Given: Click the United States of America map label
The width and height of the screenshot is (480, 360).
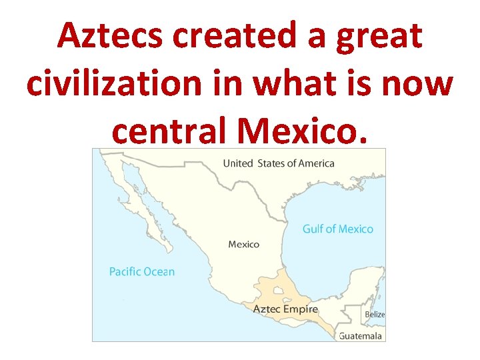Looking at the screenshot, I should tap(279, 163).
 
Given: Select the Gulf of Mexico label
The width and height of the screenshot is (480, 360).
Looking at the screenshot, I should tap(337, 229).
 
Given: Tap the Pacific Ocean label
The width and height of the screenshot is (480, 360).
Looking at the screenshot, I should tap(141, 271).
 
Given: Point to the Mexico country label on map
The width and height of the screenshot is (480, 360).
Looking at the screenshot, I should tap(243, 245).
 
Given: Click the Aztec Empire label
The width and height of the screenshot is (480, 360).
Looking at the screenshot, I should tap(285, 309).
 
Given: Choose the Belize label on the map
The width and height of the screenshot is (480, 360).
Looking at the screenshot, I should tap(374, 314).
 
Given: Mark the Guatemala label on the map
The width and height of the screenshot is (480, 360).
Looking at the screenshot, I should tap(361, 336).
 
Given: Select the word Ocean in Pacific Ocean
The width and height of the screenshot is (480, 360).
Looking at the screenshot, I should tap(160, 271).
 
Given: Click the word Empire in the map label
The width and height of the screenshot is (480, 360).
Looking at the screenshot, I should tap(301, 309).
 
